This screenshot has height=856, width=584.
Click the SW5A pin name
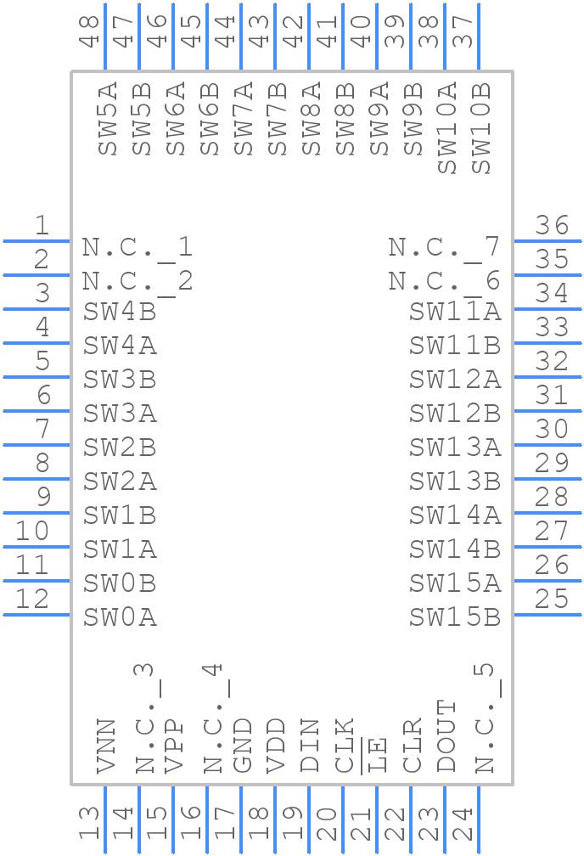pyautogui.click(x=108, y=119)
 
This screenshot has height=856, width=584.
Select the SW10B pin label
pyautogui.click(x=481, y=128)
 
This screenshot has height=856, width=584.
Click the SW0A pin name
pyautogui.click(x=120, y=617)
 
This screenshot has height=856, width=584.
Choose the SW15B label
pyautogui.click(x=455, y=617)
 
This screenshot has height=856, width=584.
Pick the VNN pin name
pyautogui.click(x=106, y=746)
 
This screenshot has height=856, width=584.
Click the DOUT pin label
pyautogui.click(x=446, y=736)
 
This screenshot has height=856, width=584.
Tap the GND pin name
pyautogui.click(x=242, y=746)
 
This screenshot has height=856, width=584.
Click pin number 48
pyautogui.click(x=89, y=31)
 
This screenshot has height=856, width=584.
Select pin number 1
pyautogui.click(x=42, y=225)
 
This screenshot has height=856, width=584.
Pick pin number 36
pyautogui.click(x=552, y=225)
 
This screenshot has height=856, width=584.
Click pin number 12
pyautogui.click(x=32, y=599)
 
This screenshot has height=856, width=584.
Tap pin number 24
pyautogui.click(x=463, y=823)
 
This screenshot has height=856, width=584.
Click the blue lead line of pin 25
pyautogui.click(x=547, y=615)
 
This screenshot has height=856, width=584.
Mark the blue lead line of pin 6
pyautogui.click(x=36, y=411)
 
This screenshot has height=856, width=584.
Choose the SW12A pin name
pyautogui.click(x=455, y=380)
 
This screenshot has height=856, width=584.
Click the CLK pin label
pyautogui.click(x=345, y=746)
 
